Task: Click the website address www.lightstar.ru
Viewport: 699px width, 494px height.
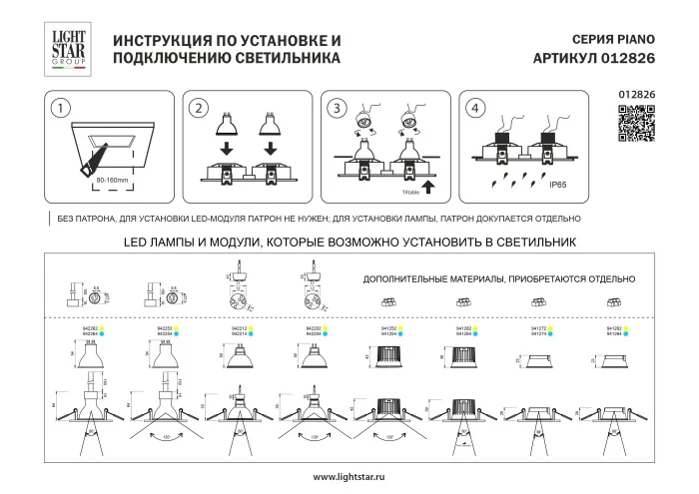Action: tap(349, 477)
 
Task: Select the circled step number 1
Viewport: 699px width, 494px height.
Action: tap(62, 108)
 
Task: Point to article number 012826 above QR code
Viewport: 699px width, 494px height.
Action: tap(637, 95)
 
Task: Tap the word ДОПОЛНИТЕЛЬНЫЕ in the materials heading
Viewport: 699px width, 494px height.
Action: tap(402, 281)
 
